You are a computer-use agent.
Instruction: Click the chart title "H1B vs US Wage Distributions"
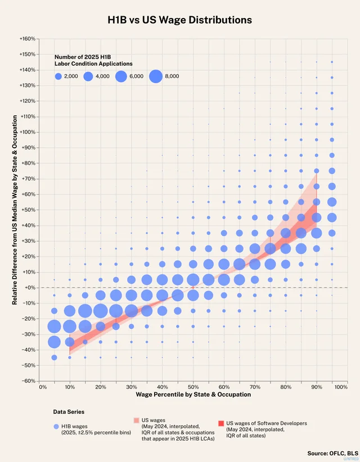tap(180, 20)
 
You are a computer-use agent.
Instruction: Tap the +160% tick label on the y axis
tap(28, 39)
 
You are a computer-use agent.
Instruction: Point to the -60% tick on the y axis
tap(28, 381)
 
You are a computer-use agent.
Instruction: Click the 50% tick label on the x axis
tap(193, 387)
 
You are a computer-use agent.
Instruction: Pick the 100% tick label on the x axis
tap(339, 387)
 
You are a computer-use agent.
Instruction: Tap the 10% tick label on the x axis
tap(70, 387)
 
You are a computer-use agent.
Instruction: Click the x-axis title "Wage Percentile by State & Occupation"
tap(193, 395)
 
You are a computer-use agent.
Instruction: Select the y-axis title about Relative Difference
tap(15, 209)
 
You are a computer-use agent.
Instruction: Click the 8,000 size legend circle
tap(156, 75)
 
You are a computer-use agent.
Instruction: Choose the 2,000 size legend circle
tap(59, 75)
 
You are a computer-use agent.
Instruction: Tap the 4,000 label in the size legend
tap(102, 75)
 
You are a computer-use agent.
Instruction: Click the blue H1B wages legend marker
tap(56, 427)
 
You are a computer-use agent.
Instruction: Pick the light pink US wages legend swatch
tap(137, 420)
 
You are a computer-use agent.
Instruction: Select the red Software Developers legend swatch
tap(221, 423)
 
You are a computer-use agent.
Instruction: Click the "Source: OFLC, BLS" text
tap(332, 452)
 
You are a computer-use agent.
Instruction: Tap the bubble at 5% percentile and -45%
tap(55, 357)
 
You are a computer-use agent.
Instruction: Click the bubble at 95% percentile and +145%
tap(332, 62)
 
